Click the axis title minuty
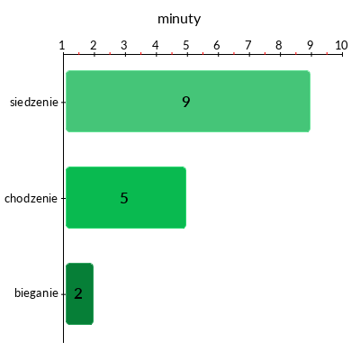(179, 20)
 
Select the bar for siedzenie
(188, 101)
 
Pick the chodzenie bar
(126, 197)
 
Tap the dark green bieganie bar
(79, 293)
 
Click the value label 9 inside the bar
(186, 102)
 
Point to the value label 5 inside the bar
(124, 198)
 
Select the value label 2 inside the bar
(78, 293)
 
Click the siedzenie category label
(34, 103)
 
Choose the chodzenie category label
(31, 198)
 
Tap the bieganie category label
(36, 293)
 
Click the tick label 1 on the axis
(62, 45)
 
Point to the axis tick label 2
(94, 45)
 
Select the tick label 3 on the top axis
(124, 45)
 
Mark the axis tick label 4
(155, 45)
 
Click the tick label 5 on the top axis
(186, 45)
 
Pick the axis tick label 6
(217, 45)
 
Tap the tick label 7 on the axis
(248, 45)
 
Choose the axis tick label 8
(279, 45)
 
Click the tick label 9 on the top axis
(310, 45)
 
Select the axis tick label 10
(341, 45)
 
